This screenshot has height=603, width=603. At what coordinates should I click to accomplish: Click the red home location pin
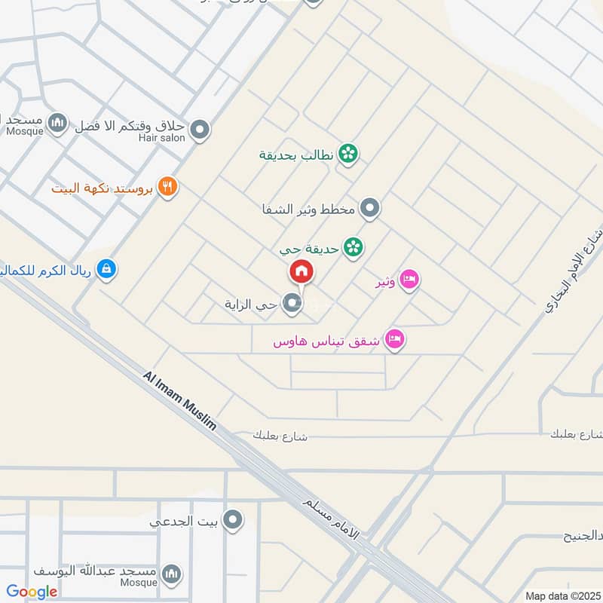301,272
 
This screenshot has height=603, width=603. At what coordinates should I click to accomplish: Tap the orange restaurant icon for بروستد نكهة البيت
168,186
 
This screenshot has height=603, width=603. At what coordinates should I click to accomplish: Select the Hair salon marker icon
200,131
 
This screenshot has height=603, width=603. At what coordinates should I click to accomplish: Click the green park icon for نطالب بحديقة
347,154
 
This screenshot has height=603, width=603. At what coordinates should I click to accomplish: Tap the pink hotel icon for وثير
409,280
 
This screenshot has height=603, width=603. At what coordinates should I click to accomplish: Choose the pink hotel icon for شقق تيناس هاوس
393,340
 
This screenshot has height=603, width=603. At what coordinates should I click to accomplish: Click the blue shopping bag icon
107,268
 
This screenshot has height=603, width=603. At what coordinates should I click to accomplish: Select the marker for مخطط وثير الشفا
369,208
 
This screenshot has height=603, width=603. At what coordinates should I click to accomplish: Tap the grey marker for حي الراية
292,304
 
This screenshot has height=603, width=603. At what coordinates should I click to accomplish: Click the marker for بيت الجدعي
234,519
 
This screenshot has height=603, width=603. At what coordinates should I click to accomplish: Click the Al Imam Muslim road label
179,399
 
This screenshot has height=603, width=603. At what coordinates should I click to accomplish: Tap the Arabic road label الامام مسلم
332,516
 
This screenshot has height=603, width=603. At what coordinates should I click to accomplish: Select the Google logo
32,592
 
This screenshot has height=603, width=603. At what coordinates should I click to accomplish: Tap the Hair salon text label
161,139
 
